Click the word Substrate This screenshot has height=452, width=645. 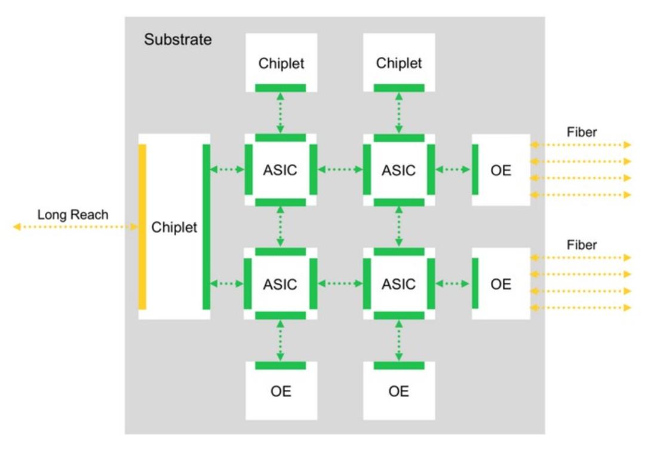[x=178, y=39]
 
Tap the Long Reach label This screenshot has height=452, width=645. [x=73, y=215]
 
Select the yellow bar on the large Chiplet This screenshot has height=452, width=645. [x=142, y=227]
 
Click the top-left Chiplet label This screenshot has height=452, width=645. [x=281, y=63]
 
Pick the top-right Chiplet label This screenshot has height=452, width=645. [x=399, y=63]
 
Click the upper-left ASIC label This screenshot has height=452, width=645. [x=280, y=170]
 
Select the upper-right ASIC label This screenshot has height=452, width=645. [x=398, y=170]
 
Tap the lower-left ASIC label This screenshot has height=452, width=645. [x=280, y=284]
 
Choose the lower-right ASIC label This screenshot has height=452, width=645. [x=398, y=284]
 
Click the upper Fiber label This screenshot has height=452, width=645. [x=582, y=132]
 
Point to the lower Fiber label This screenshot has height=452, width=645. [x=582, y=245]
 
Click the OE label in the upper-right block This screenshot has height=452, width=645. [x=501, y=170]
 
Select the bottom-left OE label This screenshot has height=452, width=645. [x=281, y=391]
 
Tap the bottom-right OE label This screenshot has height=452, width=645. [x=398, y=391]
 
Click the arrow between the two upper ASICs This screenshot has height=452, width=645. [x=340, y=169]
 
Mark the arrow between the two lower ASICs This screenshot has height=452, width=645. [x=340, y=283]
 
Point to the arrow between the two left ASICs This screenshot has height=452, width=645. [x=281, y=227]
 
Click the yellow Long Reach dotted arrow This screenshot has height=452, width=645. [x=75, y=227]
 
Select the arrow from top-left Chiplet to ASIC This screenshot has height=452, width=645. [x=281, y=113]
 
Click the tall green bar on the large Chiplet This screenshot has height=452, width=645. [x=207, y=227]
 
